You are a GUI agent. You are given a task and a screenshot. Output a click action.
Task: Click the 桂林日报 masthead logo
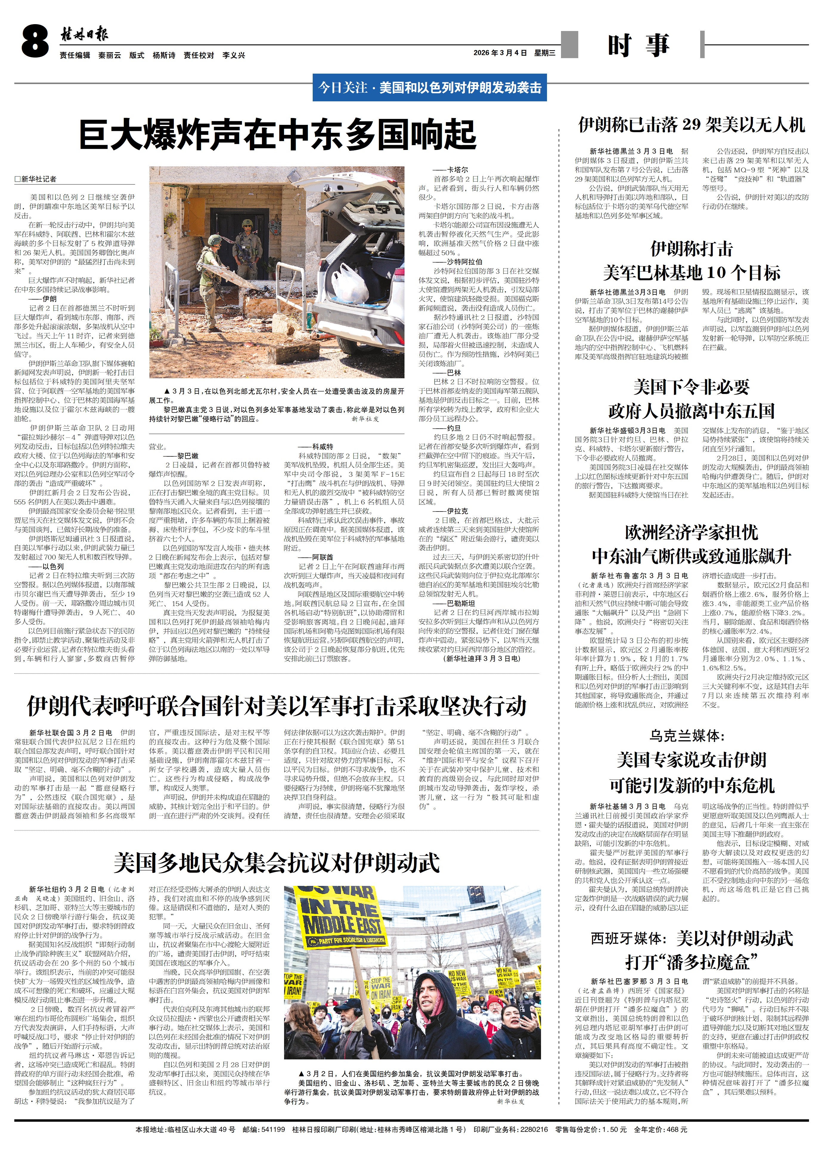84,35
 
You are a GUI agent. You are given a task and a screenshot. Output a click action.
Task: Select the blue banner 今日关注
430,88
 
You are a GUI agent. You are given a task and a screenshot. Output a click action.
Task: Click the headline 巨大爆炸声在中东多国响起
278,134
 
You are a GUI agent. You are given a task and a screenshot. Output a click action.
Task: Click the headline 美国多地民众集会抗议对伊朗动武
276,862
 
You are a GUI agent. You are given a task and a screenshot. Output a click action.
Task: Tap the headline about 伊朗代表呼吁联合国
277,706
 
